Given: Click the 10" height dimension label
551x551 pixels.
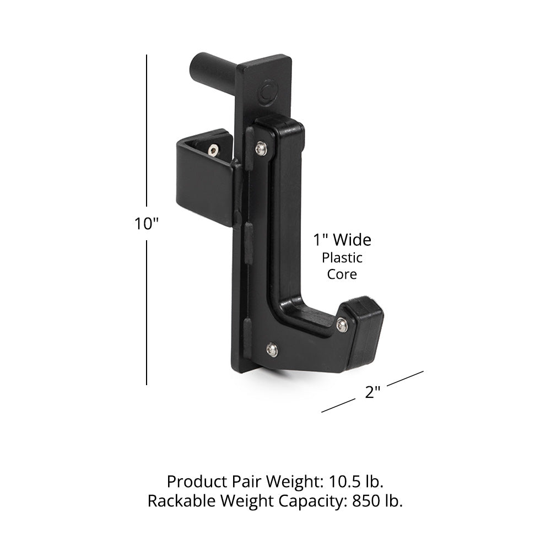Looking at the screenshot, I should click(147, 224).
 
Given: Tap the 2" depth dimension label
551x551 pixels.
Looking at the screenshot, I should click(372, 393).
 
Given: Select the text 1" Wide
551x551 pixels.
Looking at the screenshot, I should click(342, 240).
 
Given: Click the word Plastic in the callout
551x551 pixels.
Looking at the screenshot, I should click(342, 257).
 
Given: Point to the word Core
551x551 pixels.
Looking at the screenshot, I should click(342, 274).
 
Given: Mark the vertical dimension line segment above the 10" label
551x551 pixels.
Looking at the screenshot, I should click(147, 132).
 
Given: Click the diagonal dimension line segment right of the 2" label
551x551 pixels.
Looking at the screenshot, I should click(404, 379).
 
